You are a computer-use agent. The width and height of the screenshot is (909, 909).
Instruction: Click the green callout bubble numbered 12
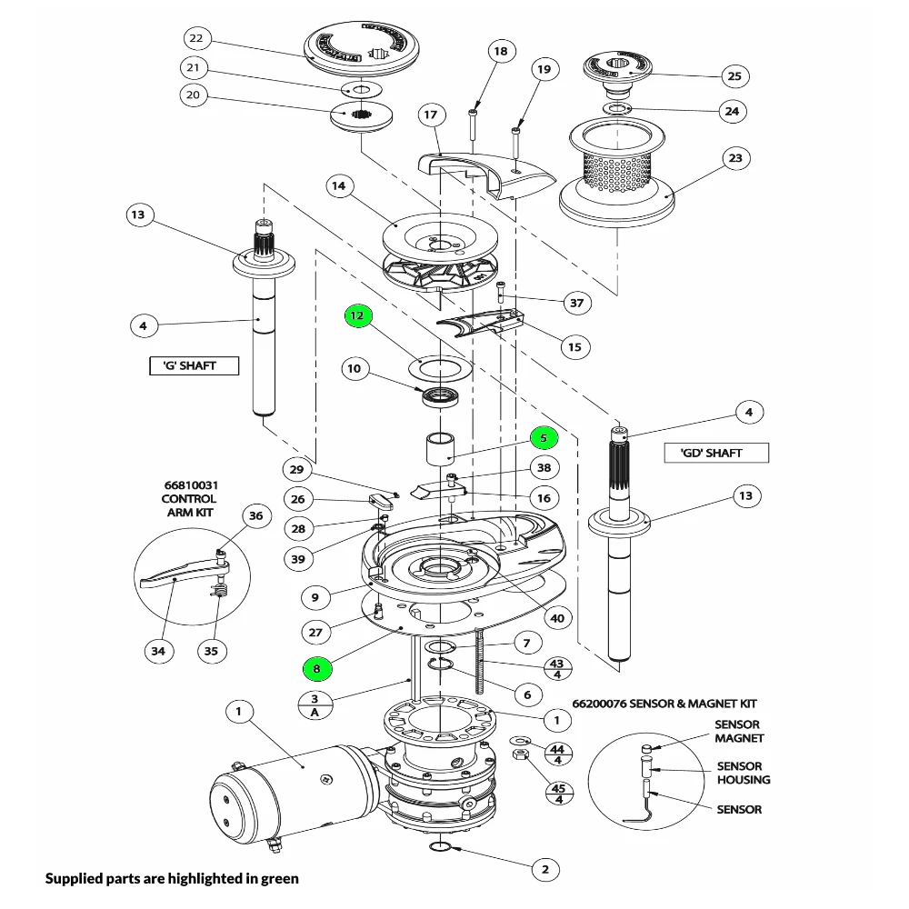357,315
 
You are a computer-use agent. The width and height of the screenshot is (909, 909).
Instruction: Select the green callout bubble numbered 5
544,437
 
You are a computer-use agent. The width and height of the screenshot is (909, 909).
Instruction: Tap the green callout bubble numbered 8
316,669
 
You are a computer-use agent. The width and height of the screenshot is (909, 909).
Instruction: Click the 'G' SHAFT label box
195,366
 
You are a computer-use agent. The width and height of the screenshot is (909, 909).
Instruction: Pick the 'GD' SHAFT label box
710,453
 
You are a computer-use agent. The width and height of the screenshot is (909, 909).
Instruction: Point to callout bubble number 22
196,39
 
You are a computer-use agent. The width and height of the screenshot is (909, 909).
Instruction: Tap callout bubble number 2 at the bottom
544,869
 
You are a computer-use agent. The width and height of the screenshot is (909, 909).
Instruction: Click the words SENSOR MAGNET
738,732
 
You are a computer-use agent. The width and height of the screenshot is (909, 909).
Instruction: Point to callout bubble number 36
256,515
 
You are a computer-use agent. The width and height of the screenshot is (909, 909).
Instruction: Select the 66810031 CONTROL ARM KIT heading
189,499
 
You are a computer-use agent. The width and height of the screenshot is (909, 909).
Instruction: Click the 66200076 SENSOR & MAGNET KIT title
664,704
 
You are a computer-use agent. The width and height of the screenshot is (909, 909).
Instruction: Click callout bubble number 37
576,303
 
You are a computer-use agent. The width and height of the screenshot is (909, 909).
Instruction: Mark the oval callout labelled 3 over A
315,705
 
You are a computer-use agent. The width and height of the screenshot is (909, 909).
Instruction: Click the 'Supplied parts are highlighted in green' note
172,879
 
